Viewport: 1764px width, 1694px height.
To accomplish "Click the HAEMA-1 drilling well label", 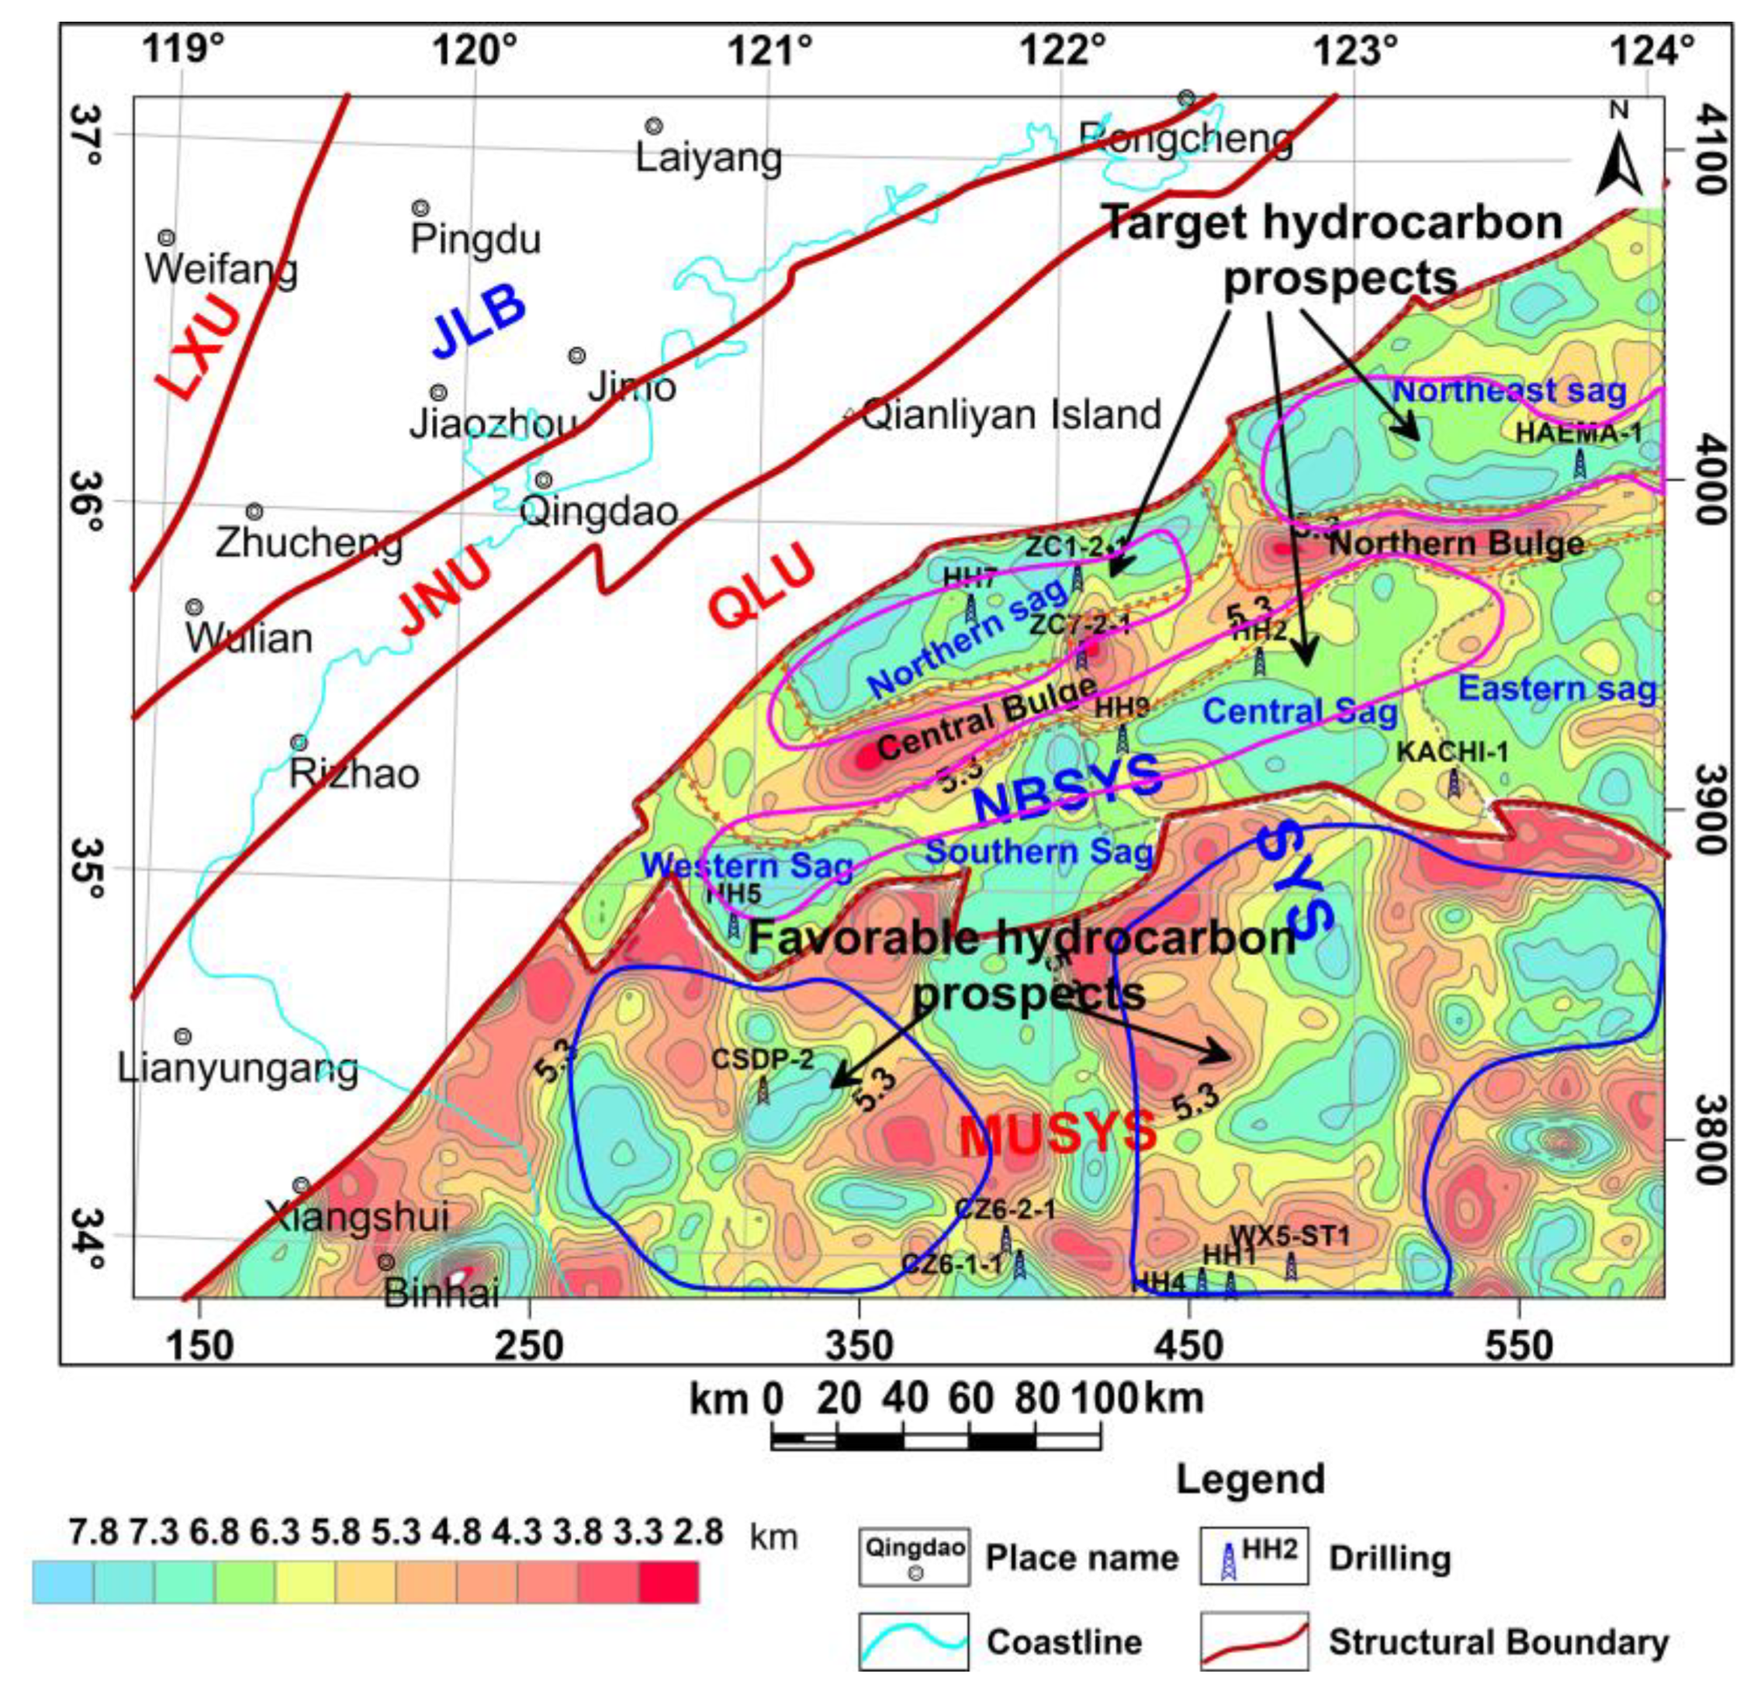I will [x=1579, y=433].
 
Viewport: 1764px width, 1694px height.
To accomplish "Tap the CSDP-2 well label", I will [x=763, y=1059].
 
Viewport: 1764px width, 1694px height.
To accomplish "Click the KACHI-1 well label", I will [x=1451, y=752].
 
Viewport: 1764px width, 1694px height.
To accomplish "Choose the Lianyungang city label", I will [x=238, y=1068].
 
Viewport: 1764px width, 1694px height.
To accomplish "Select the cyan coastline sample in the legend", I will [x=912, y=1641].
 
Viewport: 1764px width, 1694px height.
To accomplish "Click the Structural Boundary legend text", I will [x=1499, y=1642].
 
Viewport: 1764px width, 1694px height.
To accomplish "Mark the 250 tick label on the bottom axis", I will [x=529, y=1346].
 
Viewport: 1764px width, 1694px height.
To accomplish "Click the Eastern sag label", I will [x=1557, y=689].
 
